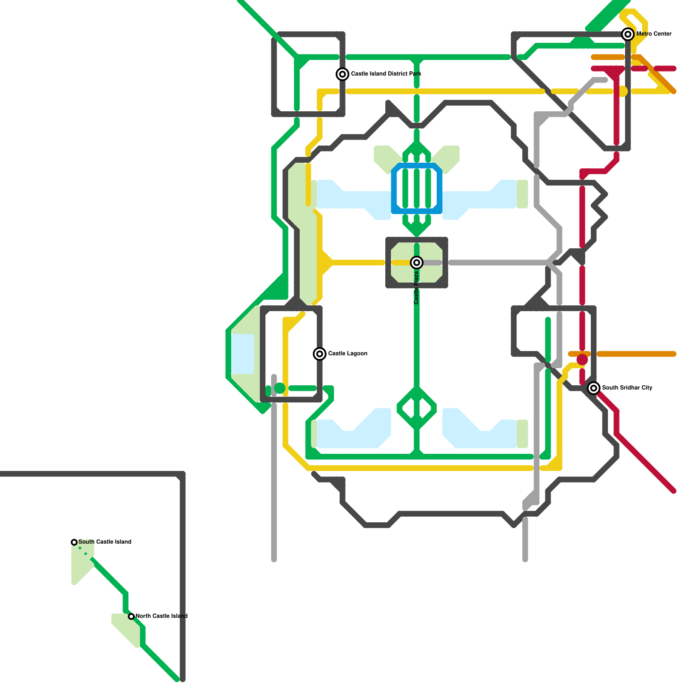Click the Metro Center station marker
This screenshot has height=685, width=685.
628,34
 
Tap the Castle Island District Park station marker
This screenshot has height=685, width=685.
342,74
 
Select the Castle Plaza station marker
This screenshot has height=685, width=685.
417,262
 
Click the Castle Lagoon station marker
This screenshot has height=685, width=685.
319,354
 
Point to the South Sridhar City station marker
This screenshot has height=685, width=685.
593,388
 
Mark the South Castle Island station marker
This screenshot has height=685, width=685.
74,542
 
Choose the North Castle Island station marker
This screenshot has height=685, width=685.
131,616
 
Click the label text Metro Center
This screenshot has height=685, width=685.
654,34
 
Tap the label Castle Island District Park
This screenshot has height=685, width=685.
386,74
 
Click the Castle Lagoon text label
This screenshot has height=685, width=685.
348,354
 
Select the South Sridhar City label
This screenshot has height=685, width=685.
627,388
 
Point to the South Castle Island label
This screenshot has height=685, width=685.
105,542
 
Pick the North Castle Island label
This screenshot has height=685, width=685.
161,616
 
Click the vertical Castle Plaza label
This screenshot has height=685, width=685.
416,288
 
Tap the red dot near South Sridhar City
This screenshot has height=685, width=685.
582,360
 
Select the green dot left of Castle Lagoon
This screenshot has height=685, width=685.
280,388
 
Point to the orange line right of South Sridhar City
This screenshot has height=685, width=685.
636,354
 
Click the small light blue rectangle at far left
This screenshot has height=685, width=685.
242,354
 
